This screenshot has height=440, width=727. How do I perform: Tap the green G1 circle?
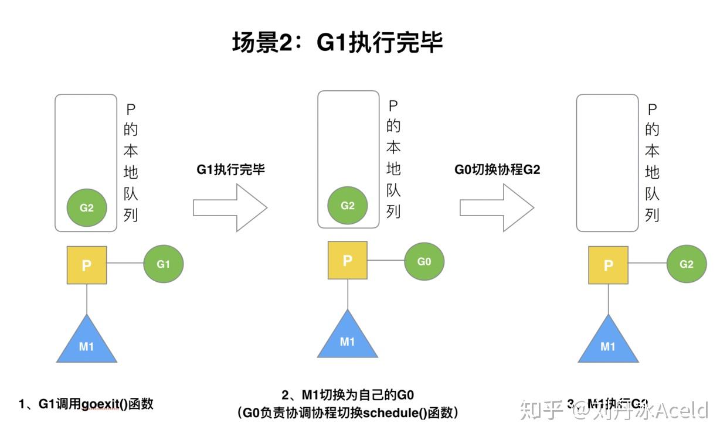(164, 264)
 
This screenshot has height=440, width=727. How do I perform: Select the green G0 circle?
(424, 261)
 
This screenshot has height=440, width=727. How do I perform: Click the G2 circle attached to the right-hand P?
(687, 264)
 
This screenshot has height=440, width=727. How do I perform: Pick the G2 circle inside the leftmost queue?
(87, 207)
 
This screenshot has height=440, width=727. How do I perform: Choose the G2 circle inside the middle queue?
(348, 206)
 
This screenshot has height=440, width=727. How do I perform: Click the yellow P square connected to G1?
(87, 265)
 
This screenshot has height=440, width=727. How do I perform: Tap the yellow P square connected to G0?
(348, 261)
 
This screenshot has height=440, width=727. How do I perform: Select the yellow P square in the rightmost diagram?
(608, 265)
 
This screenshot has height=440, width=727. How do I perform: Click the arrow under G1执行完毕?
(230, 207)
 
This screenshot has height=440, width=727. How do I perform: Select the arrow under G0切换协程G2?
(496, 207)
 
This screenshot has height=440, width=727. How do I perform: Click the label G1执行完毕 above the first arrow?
(230, 170)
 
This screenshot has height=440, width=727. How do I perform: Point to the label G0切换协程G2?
(497, 170)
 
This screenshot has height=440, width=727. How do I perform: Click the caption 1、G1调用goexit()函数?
(86, 404)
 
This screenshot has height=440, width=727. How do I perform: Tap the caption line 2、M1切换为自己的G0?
(348, 395)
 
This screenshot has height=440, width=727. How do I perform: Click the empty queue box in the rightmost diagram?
(607, 163)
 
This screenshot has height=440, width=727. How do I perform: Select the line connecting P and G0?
(386, 261)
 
